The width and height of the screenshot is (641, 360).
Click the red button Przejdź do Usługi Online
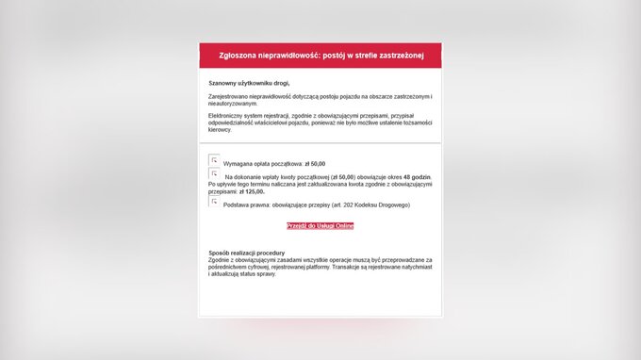pos(320,226)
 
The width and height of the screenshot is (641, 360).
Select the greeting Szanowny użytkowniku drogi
pos(249,83)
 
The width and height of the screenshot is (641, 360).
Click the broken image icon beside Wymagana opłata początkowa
pos(214,160)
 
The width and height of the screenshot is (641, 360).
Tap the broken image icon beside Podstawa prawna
pos(214,202)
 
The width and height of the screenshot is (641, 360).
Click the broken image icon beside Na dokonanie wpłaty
pos(214,174)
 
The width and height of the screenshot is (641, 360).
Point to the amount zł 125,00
pos(252,191)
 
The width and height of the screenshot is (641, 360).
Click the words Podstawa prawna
pos(242,205)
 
